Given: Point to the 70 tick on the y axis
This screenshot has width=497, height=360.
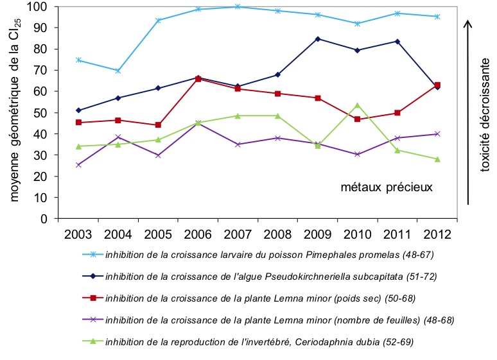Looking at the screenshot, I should click(42, 70).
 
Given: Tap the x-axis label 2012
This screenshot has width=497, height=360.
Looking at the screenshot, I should click(437, 233).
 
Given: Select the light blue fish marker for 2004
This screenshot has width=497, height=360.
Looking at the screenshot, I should click(118, 71).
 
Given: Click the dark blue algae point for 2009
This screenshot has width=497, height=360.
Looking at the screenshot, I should click(318, 39).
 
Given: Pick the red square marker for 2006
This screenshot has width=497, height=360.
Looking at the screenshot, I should click(198, 79).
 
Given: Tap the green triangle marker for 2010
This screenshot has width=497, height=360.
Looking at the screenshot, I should click(358, 105).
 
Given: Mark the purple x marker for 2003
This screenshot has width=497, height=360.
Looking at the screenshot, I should click(78, 165).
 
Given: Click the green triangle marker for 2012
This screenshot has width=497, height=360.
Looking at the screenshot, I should click(437, 159).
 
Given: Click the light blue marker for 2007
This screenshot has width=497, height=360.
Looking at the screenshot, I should click(238, 7).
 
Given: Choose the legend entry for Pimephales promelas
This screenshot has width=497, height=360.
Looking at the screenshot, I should click(270, 255).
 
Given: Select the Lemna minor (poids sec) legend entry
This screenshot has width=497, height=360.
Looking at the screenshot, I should click(270, 298).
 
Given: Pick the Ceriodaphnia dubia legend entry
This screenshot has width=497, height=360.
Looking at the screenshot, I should click(259, 342).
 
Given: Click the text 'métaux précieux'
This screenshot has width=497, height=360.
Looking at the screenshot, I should click(387, 187).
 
